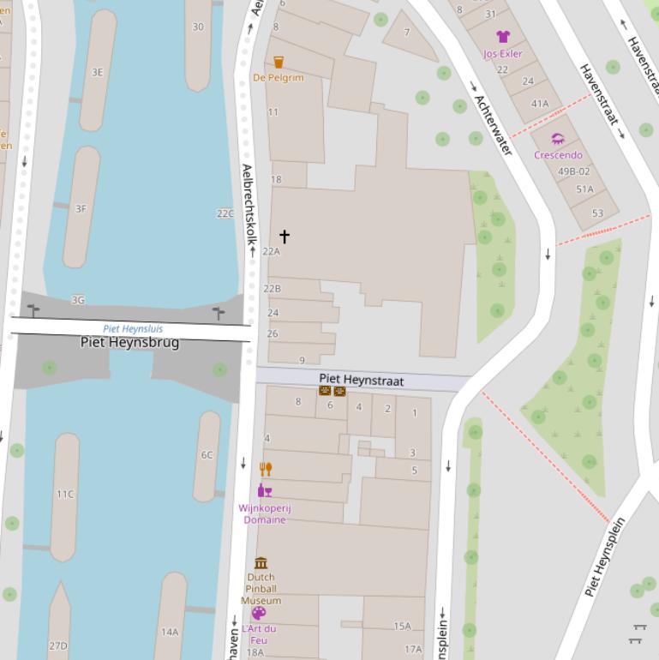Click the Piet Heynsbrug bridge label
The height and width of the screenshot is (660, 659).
coord(129,343)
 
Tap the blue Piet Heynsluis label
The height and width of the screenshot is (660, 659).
coord(133,328)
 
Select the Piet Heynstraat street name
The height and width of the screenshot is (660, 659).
coord(361,380)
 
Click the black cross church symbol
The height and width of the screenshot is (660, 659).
coord(284,236)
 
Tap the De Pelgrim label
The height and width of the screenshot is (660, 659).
coord(278,78)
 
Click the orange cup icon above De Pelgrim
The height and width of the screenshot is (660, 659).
coord(279,62)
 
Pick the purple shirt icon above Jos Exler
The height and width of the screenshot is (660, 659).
coord(503,37)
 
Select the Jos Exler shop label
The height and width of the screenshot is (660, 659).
coord(502,53)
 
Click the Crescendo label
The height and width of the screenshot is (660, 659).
coord(558,155)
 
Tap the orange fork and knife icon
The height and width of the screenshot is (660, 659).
coord(266,469)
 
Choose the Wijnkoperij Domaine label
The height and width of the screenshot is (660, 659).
coord(265,513)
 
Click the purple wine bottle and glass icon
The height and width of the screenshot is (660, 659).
coord(265,490)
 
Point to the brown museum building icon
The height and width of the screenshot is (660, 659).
coord(261,563)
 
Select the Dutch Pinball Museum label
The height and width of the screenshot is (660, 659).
coord(261,589)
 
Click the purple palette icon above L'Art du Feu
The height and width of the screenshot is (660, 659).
coord(259,613)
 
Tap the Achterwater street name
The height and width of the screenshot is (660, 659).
coord(493,125)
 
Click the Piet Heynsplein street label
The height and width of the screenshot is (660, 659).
coord(606,556)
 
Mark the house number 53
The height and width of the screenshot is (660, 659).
coord(597,213)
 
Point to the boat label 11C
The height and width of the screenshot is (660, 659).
coord(65,495)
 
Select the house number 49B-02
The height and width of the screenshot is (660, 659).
coord(574,171)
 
